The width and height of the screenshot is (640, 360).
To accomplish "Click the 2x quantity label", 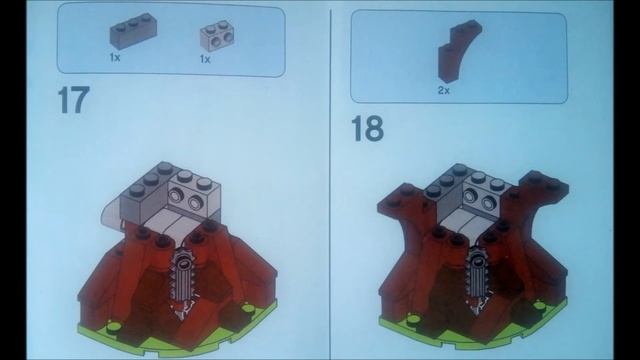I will point(443,90).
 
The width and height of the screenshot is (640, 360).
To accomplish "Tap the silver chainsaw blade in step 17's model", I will point(185,283).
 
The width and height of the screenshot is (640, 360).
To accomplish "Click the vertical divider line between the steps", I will point(330,180).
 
